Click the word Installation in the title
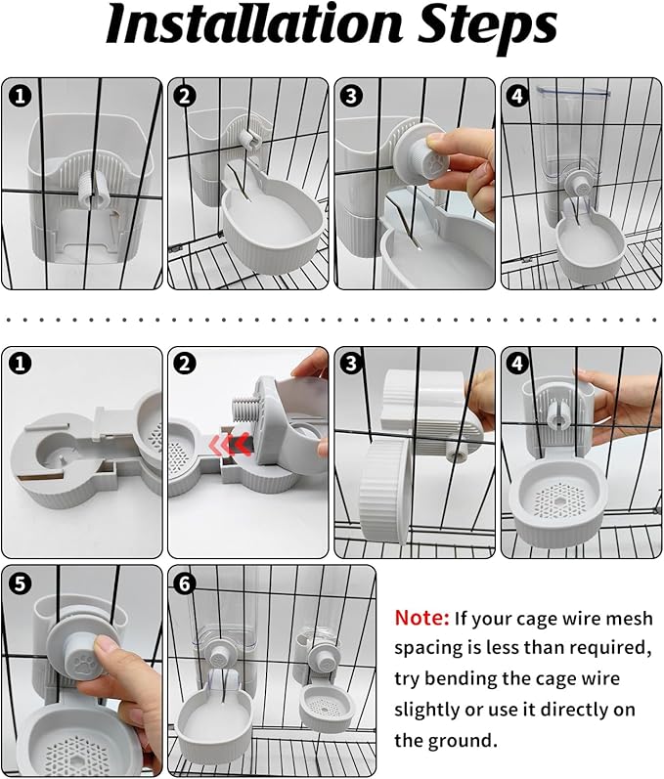pyautogui.click(x=254, y=23)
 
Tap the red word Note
pyautogui.click(x=421, y=618)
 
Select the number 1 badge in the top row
pyautogui.click(x=20, y=96)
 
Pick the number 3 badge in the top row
pyautogui.click(x=351, y=96)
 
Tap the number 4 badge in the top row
pyautogui.click(x=517, y=96)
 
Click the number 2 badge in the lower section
pyautogui.click(x=185, y=365)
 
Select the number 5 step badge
pyautogui.click(x=20, y=583)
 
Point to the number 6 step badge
pyautogui.click(x=185, y=583)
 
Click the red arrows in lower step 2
pyautogui.click(x=230, y=445)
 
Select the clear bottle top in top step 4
pyautogui.click(x=572, y=91)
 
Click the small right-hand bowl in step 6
pyautogui.click(x=325, y=708)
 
